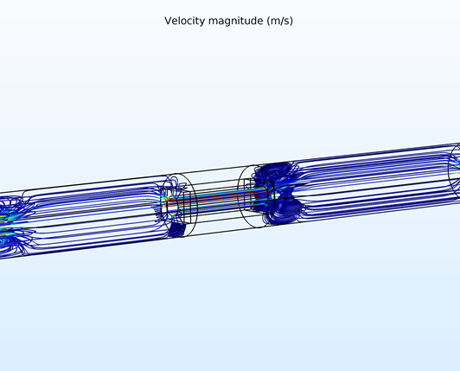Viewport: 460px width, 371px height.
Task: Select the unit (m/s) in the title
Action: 280,21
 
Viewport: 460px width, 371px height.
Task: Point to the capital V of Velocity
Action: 168,21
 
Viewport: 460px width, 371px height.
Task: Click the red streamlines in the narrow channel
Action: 217,197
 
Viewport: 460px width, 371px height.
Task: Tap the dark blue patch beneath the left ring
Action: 178,229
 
